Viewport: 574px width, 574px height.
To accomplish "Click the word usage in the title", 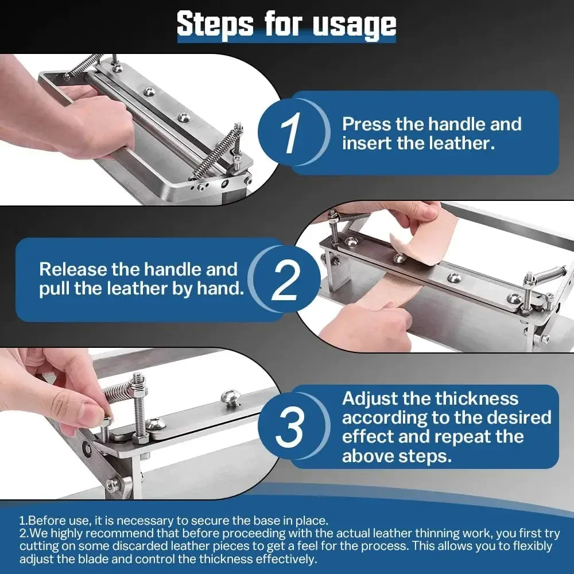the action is click(x=354, y=26).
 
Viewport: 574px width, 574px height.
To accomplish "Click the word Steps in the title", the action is click(x=215, y=24).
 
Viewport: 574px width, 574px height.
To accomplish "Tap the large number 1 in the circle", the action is click(x=290, y=133).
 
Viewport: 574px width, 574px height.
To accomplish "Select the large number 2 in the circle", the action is click(x=285, y=280).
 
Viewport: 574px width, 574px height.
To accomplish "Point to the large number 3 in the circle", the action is click(x=289, y=426).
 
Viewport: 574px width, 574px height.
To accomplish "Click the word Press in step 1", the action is click(x=366, y=124).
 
